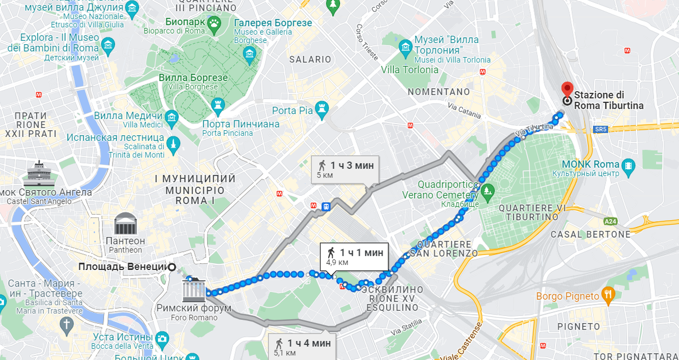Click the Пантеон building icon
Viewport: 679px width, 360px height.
[124, 224]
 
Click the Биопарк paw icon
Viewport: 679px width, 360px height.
[214, 23]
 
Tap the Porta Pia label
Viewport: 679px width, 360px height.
[292, 110]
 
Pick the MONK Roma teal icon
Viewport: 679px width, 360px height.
[628, 166]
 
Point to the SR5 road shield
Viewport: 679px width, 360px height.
[600, 129]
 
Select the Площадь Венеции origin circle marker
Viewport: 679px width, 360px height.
[171, 267]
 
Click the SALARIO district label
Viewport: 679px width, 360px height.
[310, 59]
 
